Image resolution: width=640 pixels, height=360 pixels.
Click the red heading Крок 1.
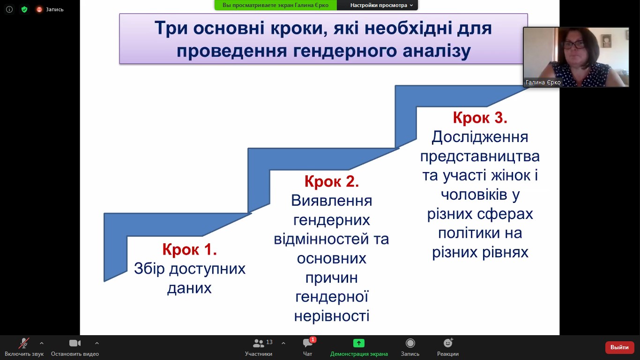pyautogui.click(x=189, y=249)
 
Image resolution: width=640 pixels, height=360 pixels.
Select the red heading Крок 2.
pyautogui.click(x=331, y=181)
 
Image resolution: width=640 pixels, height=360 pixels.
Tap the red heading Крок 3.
pyautogui.click(x=480, y=118)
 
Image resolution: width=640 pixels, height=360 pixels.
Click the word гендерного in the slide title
pyautogui.click(x=345, y=51)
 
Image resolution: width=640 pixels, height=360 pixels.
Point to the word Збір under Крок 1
pyautogui.click(x=149, y=269)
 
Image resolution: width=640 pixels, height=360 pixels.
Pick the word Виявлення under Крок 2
pyautogui.click(x=331, y=201)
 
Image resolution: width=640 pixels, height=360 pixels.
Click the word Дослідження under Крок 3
pyautogui.click(x=480, y=137)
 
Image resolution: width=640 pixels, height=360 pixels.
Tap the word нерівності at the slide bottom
pyautogui.click(x=331, y=316)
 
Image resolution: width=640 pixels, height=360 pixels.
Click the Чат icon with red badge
pyautogui.click(x=308, y=343)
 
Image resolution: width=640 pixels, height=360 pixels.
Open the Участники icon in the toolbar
pyautogui.click(x=259, y=343)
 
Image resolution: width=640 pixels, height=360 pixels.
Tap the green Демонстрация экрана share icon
pyautogui.click(x=359, y=343)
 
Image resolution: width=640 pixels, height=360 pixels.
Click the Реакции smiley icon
pyautogui.click(x=448, y=343)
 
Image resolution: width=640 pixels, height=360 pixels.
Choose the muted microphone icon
pyautogui.click(x=24, y=343)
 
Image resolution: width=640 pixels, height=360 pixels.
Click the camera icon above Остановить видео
pyautogui.click(x=75, y=343)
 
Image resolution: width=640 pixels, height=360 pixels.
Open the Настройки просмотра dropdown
pyautogui.click(x=381, y=5)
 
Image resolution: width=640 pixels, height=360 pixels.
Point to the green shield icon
pyautogui.click(x=24, y=9)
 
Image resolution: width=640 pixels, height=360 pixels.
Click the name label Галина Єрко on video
pyautogui.click(x=543, y=82)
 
